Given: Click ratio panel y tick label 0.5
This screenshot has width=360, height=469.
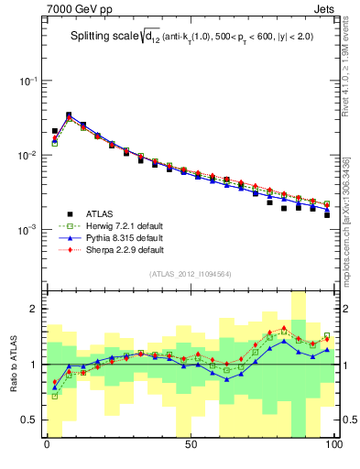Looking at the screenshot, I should point(29,420).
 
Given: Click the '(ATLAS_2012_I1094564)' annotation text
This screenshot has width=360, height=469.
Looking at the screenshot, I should point(190,273).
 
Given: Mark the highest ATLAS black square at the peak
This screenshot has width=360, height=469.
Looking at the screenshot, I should point(69,115).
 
